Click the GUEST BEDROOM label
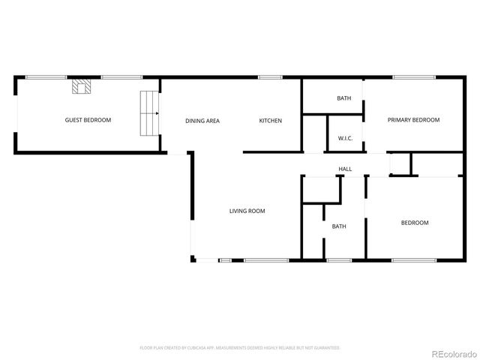tap(88, 120)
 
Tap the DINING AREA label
tap(202, 121)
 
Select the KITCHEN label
tap(270, 121)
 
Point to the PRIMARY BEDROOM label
tap(412, 120)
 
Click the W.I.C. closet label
tap(345, 138)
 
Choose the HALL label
tap(345, 169)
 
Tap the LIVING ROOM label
tap(247, 211)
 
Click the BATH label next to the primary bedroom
tap(343, 98)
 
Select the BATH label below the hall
tap(339, 226)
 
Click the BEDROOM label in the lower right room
tap(414, 223)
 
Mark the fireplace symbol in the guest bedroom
tap(82, 87)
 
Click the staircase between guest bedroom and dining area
tap(150, 113)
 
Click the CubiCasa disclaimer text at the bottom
tap(240, 348)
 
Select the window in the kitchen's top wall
tap(270, 77)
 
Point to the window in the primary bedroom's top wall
tap(412, 77)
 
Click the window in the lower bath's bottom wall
tap(339, 260)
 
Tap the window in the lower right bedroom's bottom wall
tap(414, 260)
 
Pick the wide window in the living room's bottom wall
tap(266, 260)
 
